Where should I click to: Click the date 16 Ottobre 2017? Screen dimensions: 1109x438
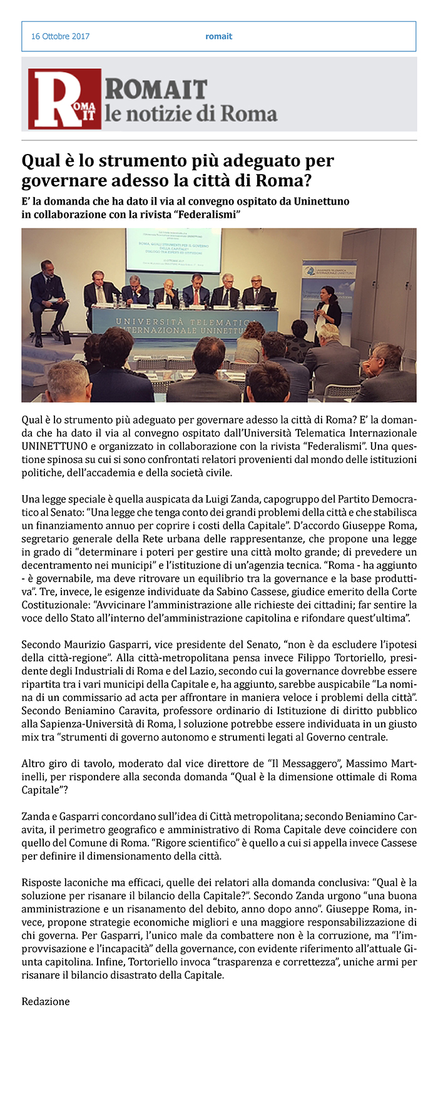pos(60,36)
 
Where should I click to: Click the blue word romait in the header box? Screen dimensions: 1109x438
pos(218,36)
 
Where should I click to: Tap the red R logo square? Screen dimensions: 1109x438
pos(64,99)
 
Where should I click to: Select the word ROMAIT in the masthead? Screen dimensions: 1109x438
pos(156,89)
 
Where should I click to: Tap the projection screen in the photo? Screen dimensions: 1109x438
pos(173,250)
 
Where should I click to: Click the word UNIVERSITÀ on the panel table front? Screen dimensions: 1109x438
pos(149,322)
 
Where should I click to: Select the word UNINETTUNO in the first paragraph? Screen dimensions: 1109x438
pos(53,446)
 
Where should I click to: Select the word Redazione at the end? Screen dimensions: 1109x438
pos(46,1001)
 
